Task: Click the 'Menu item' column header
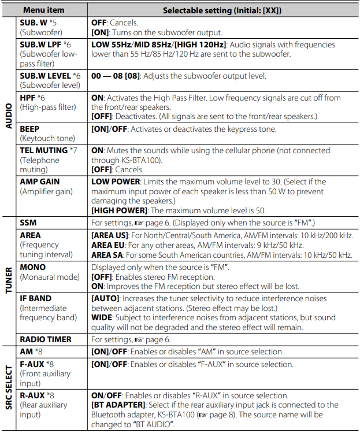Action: pos(44,10)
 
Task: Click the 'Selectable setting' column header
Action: pos(224,10)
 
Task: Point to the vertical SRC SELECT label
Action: pos(9,387)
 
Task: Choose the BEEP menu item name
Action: pos(30,129)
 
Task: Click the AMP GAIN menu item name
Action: pos(40,182)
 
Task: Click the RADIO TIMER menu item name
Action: pos(46,339)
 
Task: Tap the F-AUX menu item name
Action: pos(32,364)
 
